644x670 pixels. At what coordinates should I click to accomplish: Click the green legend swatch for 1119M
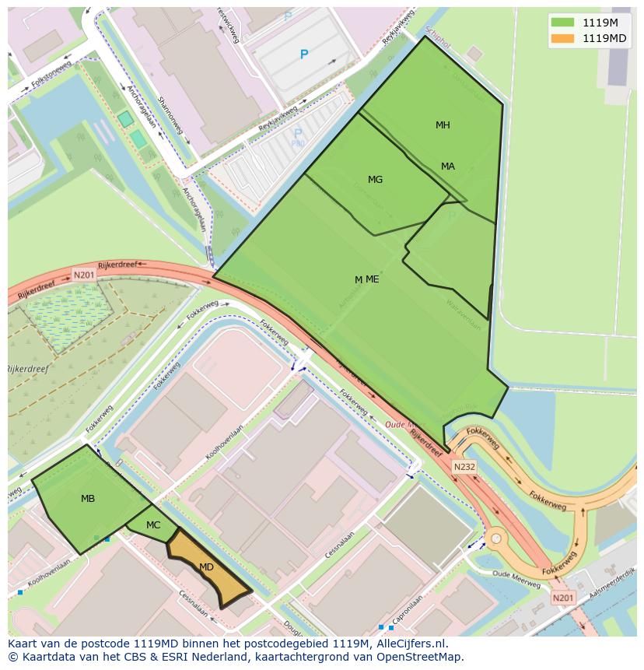point(562,23)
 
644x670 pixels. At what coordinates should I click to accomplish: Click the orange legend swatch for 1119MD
point(562,38)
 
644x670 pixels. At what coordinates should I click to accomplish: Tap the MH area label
point(443,125)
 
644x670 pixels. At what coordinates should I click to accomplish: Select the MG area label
point(375,180)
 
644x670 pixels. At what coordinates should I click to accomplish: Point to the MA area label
point(448,167)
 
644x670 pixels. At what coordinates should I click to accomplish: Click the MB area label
point(88,499)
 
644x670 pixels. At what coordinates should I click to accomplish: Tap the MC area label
point(153,525)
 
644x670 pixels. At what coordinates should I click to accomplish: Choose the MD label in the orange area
point(206,567)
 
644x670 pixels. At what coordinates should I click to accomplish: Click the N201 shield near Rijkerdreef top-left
point(83,275)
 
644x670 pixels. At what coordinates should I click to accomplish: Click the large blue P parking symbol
point(304,54)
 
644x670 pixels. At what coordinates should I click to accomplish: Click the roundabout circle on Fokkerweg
point(495,538)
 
